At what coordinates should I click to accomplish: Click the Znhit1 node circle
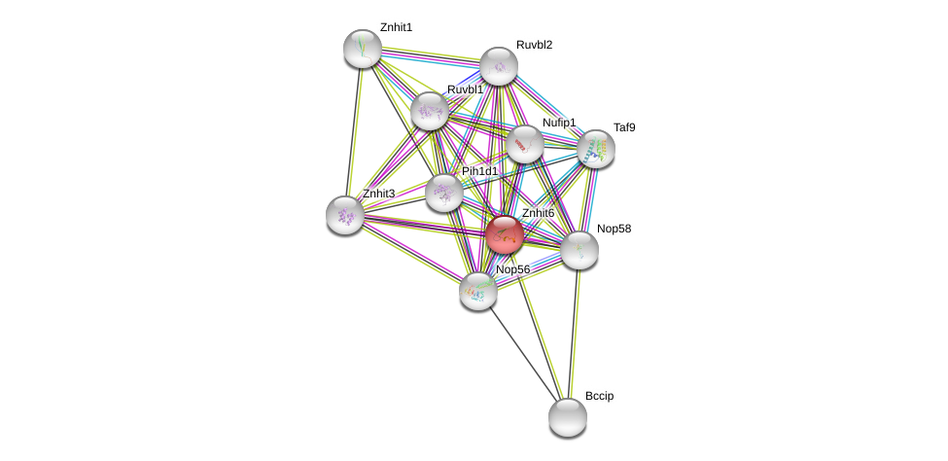[x=363, y=49]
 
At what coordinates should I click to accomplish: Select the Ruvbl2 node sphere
[x=499, y=66]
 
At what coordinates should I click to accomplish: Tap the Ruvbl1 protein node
[x=430, y=111]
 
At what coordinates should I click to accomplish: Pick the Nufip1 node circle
[x=525, y=145]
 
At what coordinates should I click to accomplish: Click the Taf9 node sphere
[x=596, y=149]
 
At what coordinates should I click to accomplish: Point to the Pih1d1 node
[x=444, y=193]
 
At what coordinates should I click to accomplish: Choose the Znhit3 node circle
[x=345, y=215]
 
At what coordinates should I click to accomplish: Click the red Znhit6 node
[x=505, y=234]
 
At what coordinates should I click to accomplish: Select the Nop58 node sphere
[x=579, y=250]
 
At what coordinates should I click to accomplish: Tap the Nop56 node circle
[x=478, y=290]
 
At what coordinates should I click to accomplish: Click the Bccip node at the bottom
[x=568, y=417]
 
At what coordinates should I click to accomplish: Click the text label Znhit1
[x=396, y=27]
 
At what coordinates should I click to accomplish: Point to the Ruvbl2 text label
[x=534, y=45]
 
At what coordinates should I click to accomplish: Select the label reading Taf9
[x=624, y=127]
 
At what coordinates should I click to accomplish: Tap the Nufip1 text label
[x=559, y=123]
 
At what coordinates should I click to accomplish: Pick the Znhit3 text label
[x=378, y=194]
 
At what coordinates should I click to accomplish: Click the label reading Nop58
[x=614, y=229]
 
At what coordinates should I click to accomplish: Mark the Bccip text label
[x=599, y=396]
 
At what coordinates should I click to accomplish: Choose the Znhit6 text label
[x=538, y=213]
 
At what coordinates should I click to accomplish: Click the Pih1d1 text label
[x=479, y=171]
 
